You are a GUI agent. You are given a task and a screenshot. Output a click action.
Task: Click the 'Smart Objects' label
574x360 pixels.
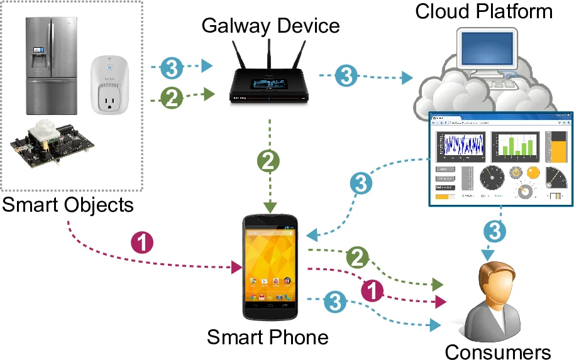click(67, 205)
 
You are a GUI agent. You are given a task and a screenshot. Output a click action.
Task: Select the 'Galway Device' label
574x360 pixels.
click(270, 26)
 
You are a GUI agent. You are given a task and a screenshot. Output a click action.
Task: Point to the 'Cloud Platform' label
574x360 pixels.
click(484, 11)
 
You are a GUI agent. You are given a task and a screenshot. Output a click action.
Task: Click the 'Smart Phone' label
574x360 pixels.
click(268, 337)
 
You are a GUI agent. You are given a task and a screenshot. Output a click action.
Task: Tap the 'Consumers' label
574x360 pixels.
click(497, 351)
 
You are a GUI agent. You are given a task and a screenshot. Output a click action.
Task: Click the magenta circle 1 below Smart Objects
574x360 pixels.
click(141, 243)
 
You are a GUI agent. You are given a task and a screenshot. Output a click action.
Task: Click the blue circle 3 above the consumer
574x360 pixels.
click(494, 232)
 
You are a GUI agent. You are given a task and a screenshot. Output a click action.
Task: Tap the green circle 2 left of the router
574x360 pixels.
click(172, 97)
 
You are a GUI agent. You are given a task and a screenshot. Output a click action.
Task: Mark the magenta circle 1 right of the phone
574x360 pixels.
click(373, 289)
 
